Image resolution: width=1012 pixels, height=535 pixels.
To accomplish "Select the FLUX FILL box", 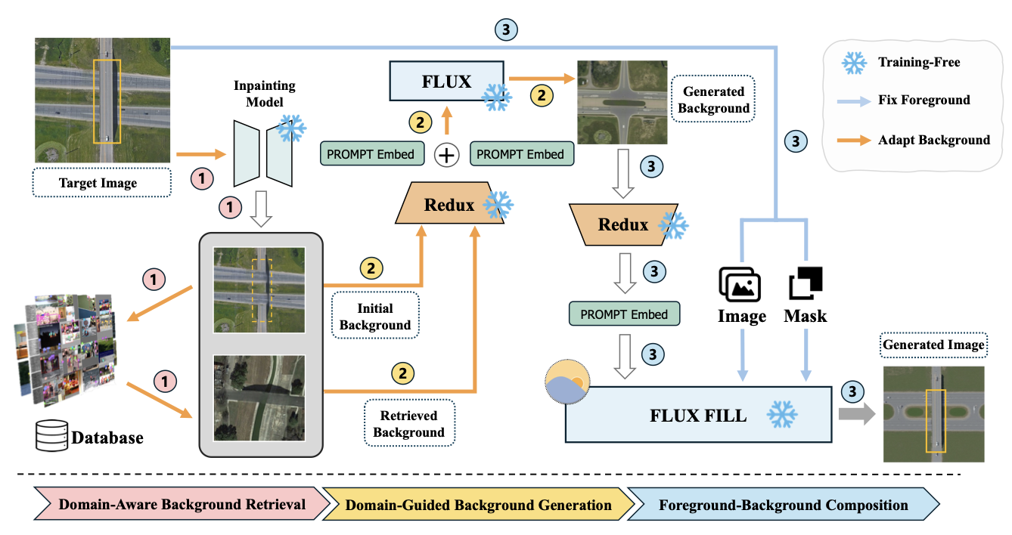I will [698, 414].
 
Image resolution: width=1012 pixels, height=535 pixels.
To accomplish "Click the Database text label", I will [107, 437].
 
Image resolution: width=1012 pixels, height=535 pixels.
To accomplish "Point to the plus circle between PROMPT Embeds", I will [447, 155].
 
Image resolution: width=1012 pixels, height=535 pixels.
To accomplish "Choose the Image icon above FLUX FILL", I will [740, 285].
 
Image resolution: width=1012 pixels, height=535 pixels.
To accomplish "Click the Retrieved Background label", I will [408, 424].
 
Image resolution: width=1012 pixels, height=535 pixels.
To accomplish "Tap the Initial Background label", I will [375, 317].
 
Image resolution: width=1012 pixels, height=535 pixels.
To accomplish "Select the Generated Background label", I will [713, 100].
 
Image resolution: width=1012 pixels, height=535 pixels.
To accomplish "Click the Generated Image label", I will [934, 345].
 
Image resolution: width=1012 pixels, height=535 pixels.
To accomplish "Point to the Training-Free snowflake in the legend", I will [854, 63].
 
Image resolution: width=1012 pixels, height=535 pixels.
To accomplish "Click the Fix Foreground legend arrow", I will [853, 100].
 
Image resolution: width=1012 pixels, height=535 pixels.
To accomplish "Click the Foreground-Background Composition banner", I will [783, 505].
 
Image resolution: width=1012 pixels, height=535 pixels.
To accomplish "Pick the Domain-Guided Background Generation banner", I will [478, 505].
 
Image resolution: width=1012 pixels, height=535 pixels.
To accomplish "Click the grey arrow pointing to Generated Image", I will [854, 414].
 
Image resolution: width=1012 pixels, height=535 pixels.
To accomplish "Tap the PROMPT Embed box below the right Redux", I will [624, 314].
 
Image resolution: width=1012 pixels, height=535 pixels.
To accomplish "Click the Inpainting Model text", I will [264, 94].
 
